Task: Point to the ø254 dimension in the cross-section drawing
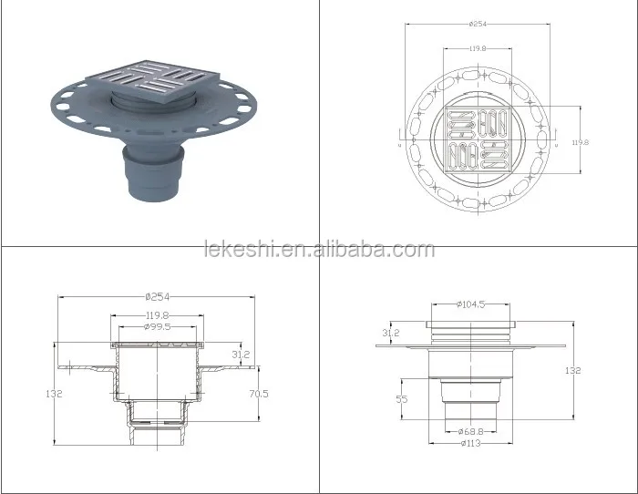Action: click(158, 296)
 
